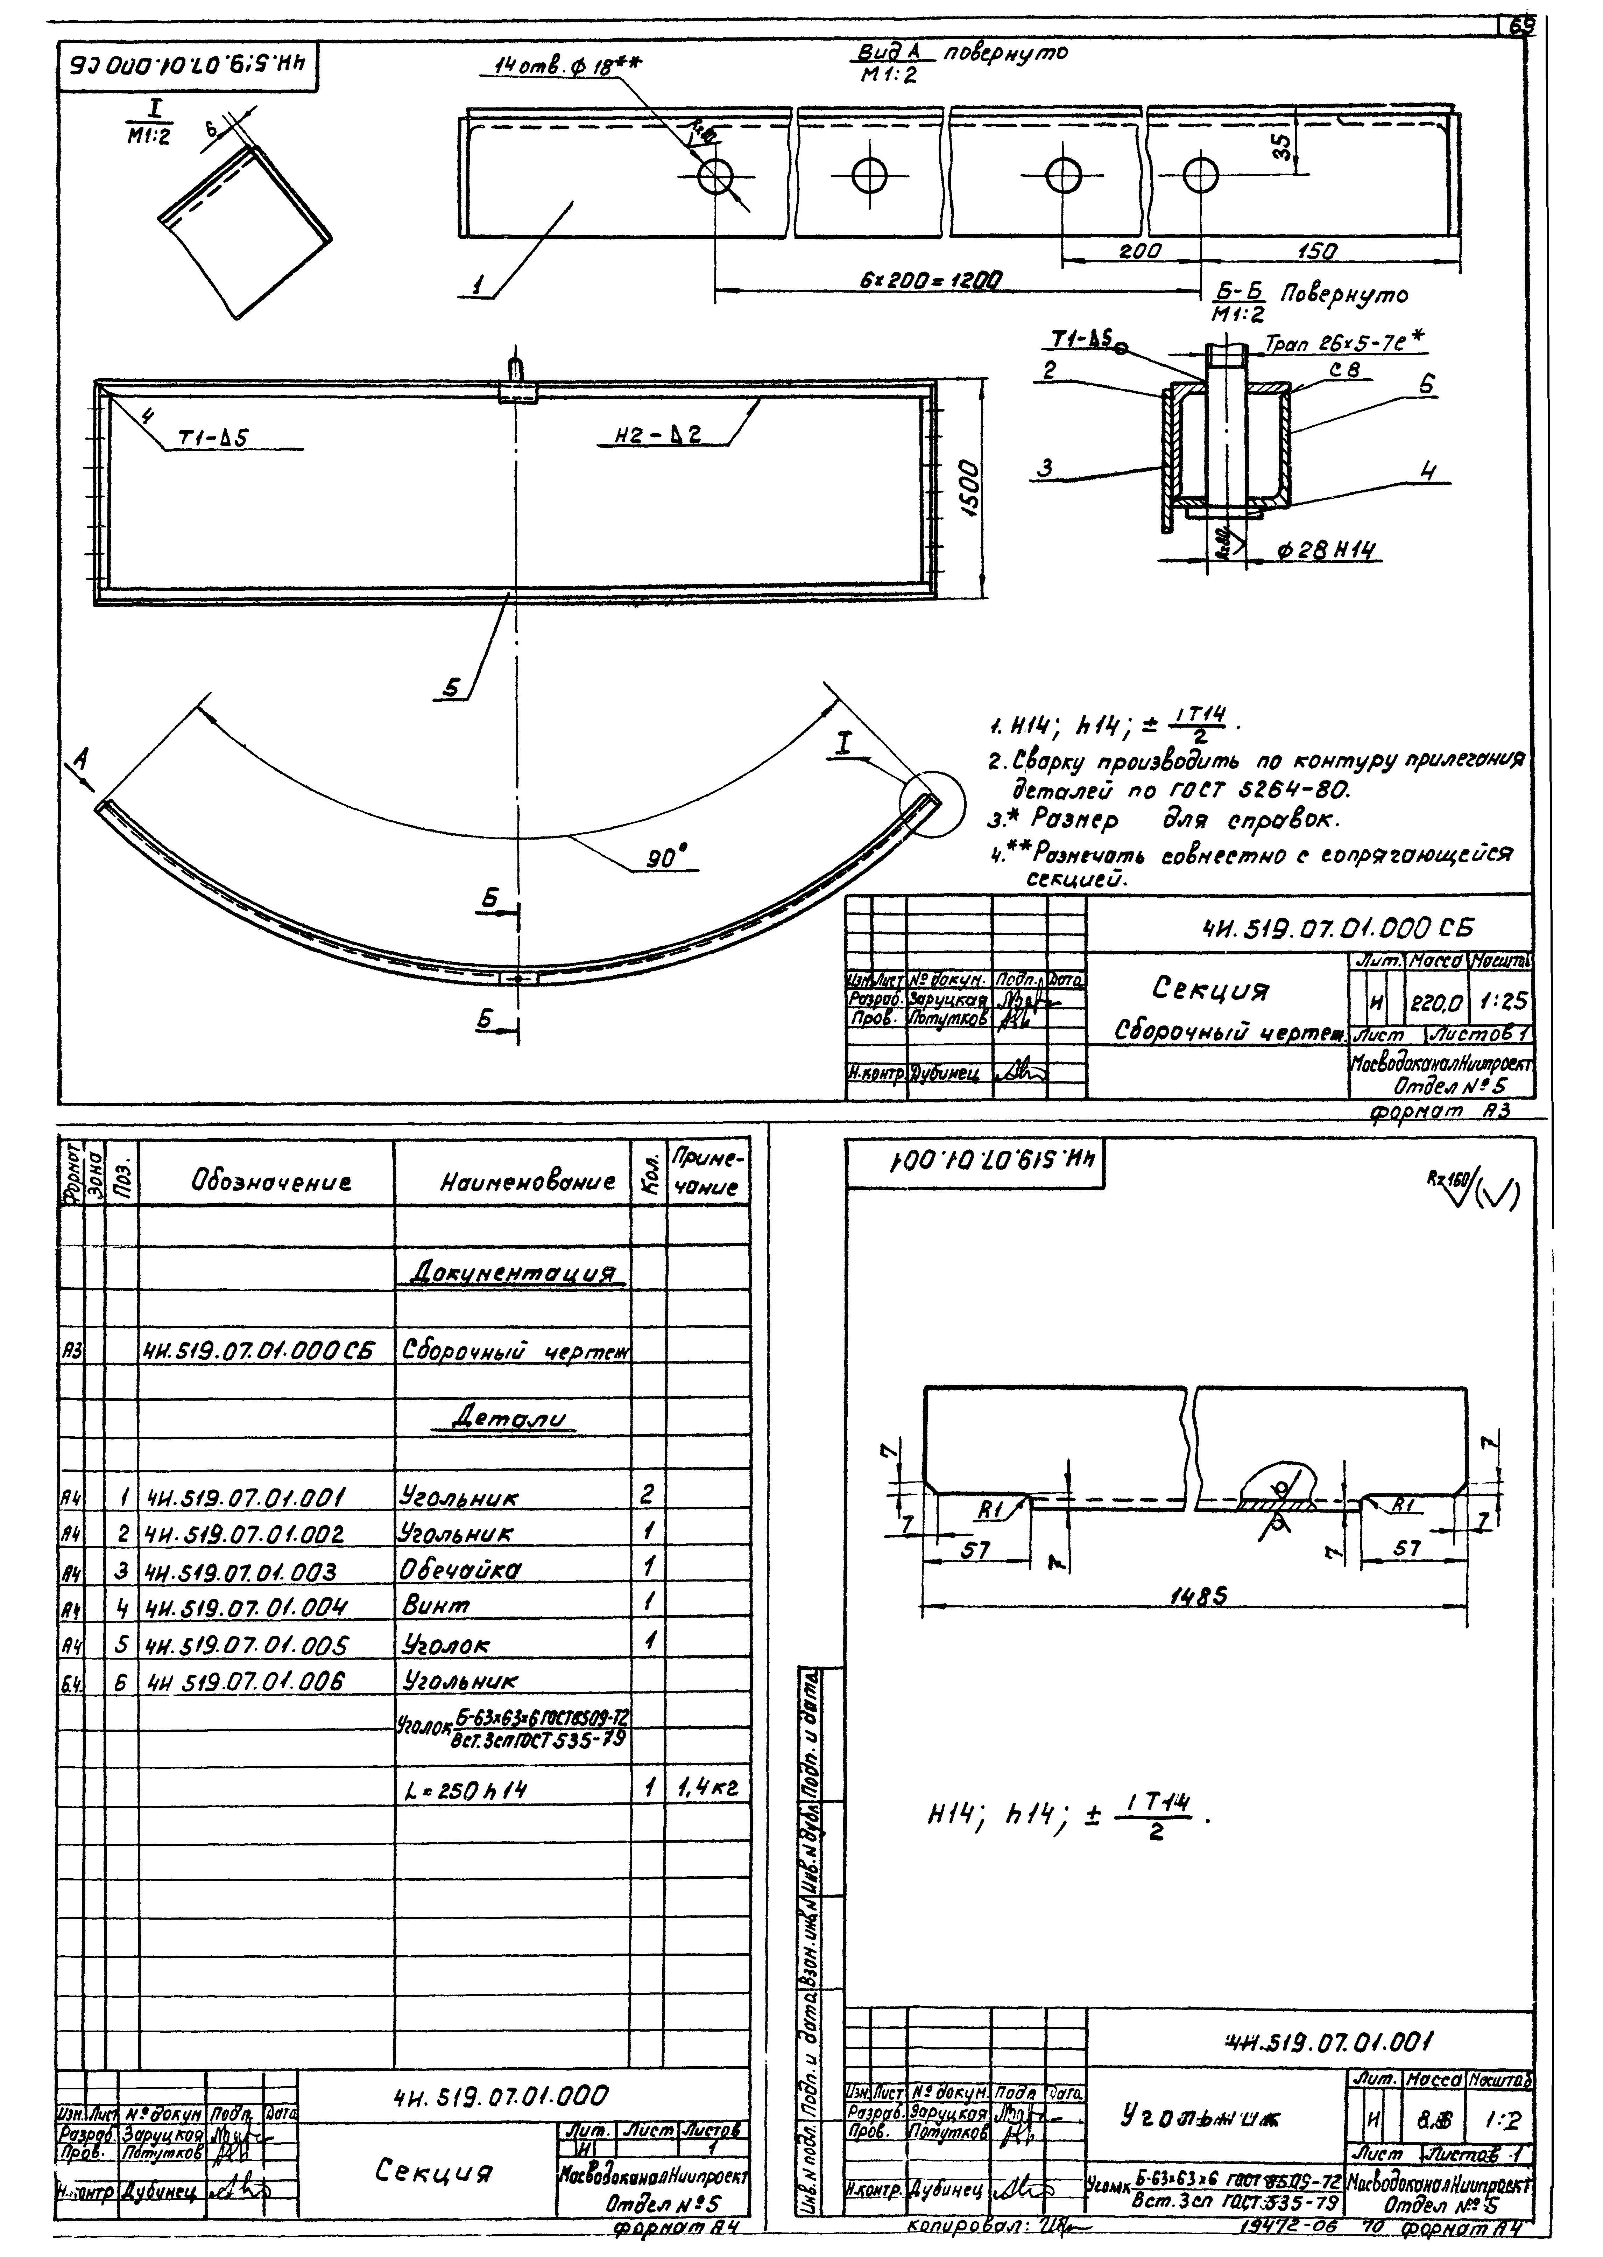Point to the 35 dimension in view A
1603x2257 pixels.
[1281, 148]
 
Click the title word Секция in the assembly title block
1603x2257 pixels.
[1212, 989]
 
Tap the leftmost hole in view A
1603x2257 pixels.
[714, 178]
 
